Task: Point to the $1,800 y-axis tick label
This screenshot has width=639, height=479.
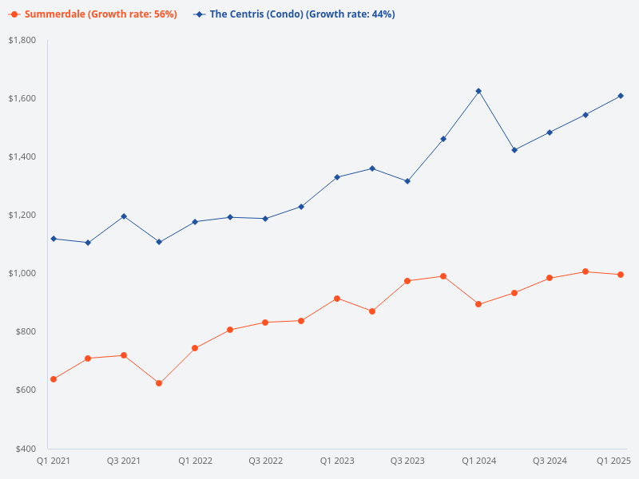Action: (22, 40)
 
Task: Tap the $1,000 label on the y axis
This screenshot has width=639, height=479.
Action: (22, 273)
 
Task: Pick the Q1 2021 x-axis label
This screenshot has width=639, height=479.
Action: (54, 461)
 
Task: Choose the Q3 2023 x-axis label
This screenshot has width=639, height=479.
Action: (407, 461)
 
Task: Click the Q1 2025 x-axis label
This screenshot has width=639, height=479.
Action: (614, 461)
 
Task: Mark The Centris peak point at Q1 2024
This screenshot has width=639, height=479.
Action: (478, 91)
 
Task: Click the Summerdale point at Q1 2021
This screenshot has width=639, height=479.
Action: (54, 379)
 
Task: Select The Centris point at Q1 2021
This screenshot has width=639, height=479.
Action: (54, 239)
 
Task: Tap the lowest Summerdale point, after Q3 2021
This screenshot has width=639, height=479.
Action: (159, 383)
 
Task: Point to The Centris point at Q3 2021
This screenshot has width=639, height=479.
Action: (124, 216)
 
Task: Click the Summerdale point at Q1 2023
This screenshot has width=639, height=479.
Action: (337, 299)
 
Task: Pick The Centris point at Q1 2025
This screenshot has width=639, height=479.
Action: (621, 96)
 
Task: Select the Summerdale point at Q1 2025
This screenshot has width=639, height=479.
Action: (621, 275)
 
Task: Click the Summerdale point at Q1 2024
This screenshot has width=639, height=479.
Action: (478, 304)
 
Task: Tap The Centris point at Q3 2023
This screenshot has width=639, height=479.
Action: (407, 181)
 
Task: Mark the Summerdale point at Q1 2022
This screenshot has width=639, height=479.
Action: (195, 348)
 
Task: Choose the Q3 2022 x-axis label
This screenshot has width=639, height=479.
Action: (266, 461)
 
